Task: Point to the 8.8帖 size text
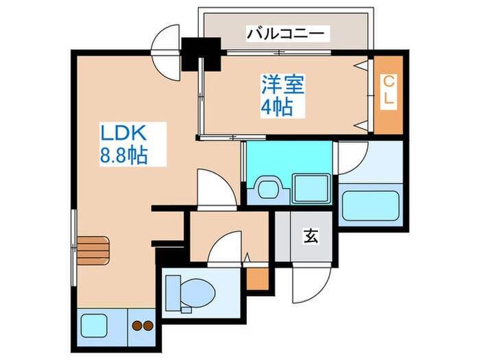[x=123, y=156]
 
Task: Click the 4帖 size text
[x=277, y=107]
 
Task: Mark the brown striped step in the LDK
[x=93, y=248]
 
